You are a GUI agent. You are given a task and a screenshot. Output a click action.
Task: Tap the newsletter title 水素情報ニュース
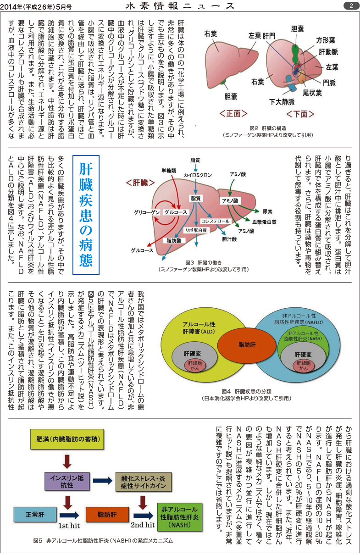(x=180, y=6)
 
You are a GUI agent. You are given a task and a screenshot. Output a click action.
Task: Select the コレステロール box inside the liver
(x=215, y=221)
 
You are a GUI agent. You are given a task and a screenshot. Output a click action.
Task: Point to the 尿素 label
(x=267, y=212)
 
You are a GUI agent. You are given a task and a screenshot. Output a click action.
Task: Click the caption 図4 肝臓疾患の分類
(x=247, y=392)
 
